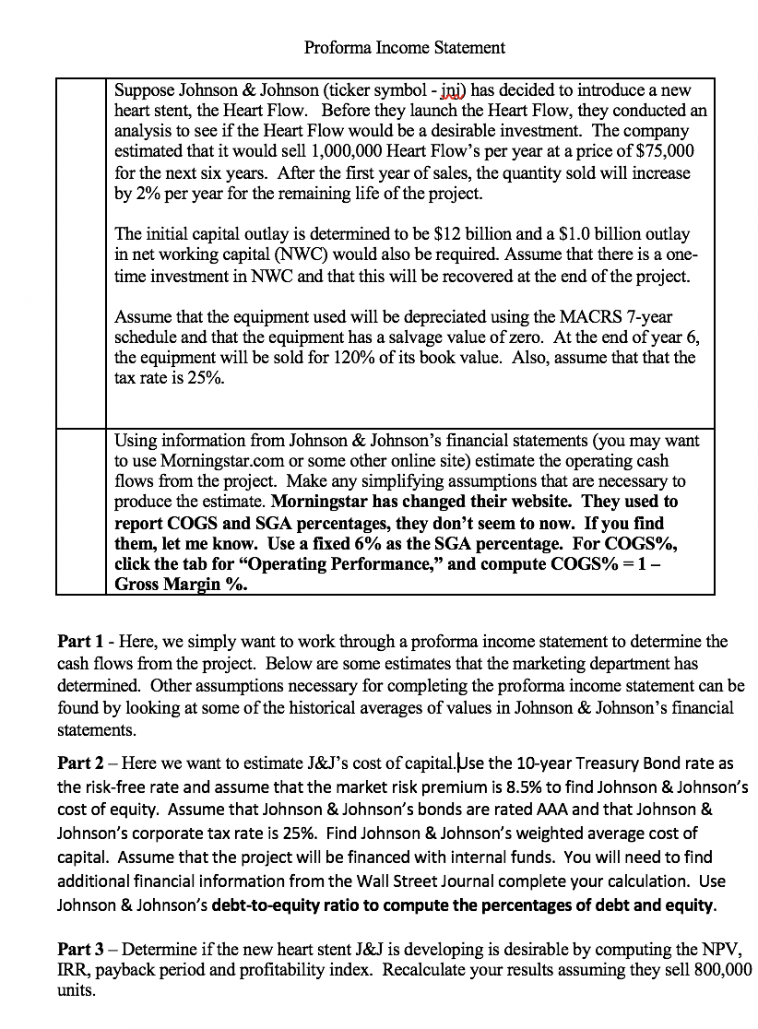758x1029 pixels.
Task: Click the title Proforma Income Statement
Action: tap(405, 47)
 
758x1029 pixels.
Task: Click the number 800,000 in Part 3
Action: tap(719, 970)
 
